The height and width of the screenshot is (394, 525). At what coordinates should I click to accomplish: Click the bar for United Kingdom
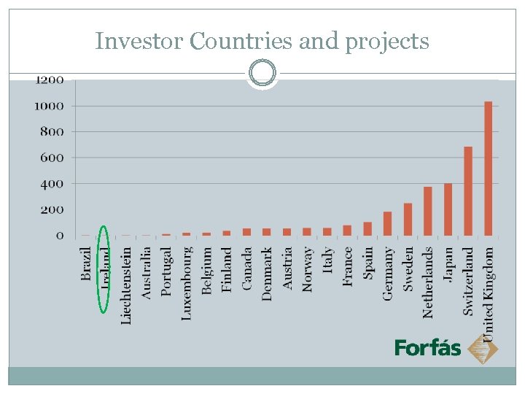point(489,169)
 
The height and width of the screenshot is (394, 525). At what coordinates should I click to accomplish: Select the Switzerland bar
point(468,191)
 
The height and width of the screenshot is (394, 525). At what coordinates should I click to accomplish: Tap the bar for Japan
point(448,209)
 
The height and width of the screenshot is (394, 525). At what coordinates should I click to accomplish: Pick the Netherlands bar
point(428,212)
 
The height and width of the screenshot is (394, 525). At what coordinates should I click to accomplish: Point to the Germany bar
point(387,224)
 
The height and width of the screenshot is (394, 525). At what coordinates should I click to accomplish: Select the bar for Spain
point(367,229)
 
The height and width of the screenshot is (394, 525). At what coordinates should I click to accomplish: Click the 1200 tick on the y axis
point(50,80)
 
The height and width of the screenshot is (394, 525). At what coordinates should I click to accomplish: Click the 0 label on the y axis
point(60,236)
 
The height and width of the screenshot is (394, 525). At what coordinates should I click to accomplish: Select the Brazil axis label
point(87,263)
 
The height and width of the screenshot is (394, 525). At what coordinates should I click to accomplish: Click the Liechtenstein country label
point(126,285)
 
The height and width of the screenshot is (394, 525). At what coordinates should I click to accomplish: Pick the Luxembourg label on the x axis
point(187,283)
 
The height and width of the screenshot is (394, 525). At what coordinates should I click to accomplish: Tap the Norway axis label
point(308,269)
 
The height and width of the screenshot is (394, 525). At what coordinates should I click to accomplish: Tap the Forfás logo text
point(427,348)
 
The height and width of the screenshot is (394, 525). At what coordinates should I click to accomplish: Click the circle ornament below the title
point(262,73)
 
